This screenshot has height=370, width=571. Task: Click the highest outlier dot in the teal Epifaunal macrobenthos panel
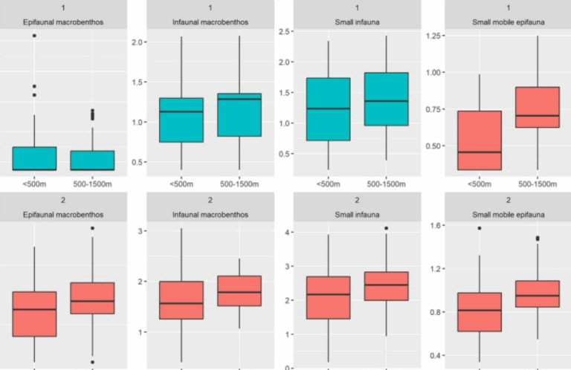point(34,36)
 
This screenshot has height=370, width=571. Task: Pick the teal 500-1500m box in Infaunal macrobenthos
point(239,115)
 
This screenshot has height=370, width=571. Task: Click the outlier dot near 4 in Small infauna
point(386,228)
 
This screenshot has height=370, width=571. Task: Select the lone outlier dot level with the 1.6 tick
point(479,228)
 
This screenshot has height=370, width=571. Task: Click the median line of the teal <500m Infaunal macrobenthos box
point(181,111)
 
